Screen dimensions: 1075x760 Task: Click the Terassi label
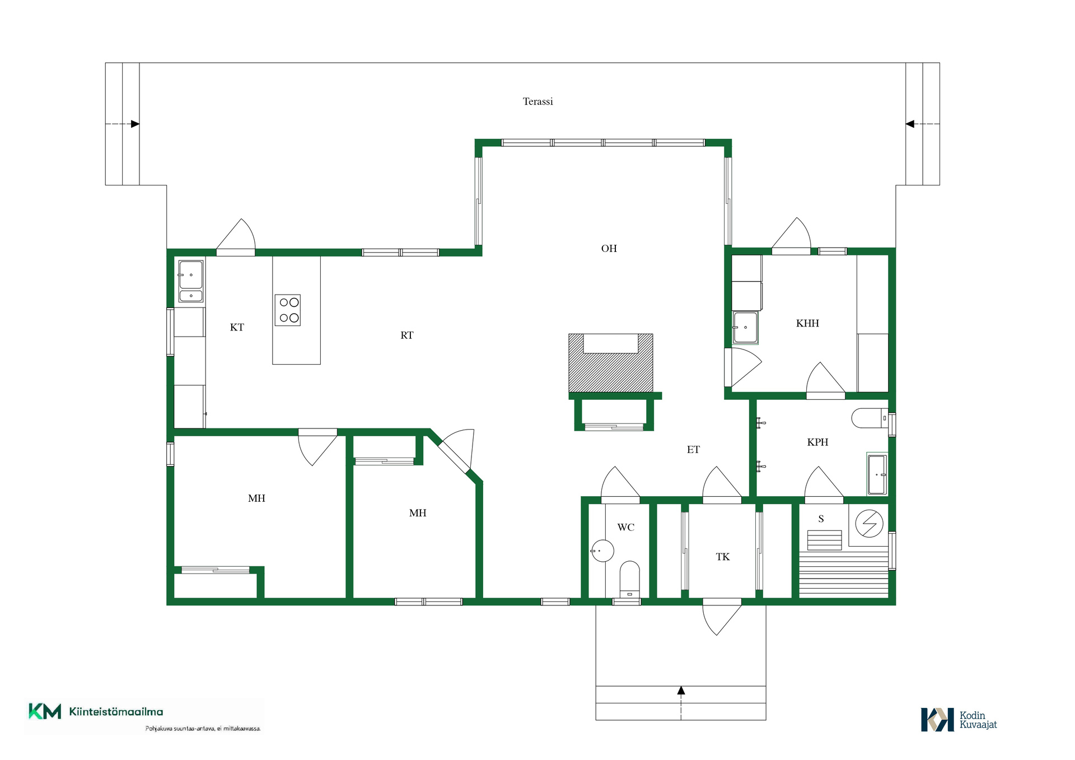coord(537,101)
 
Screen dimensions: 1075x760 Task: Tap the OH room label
coord(609,249)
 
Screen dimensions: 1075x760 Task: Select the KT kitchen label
coord(237,327)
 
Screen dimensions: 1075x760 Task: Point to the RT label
coord(406,335)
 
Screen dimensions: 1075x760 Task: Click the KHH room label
coord(807,323)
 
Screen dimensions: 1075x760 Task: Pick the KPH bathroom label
coord(817,442)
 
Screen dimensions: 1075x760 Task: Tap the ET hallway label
coord(693,449)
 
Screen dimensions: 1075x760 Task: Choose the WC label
coord(625,527)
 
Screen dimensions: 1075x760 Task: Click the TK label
coord(722,557)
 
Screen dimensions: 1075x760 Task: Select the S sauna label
coord(821,519)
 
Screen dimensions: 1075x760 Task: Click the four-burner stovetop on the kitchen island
coord(288,310)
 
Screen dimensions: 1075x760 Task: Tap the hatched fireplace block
coord(611,363)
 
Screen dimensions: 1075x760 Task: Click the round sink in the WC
coord(602,551)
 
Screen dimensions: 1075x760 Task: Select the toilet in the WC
coord(629,579)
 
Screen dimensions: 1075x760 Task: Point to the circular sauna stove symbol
coord(869,524)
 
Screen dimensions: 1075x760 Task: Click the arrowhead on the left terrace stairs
coord(135,124)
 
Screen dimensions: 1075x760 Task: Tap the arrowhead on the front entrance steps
coord(681,691)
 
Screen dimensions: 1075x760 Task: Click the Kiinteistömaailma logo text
coord(116,712)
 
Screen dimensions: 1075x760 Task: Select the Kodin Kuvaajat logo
coord(959,720)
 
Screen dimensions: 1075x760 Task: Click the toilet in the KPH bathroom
coord(870,418)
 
